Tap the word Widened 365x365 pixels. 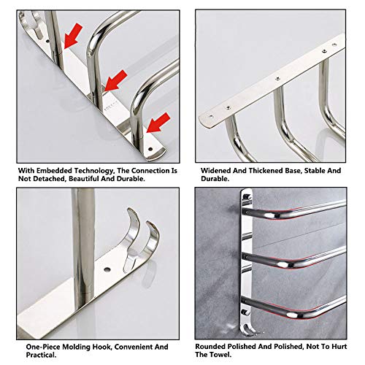[x=217, y=170]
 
